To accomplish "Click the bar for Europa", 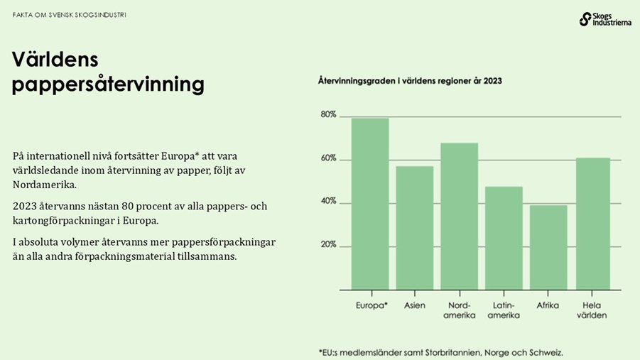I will tap(370, 204).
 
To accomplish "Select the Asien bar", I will tap(415, 228).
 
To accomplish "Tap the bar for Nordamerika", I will tap(459, 217).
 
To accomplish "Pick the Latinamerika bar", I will tap(504, 238).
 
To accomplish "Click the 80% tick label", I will tap(328, 114).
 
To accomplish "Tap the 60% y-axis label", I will tap(328, 158).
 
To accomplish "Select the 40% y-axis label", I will tap(328, 202).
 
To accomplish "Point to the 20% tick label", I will tap(328, 245).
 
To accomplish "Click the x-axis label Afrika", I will tap(548, 305).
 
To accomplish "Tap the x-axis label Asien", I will tap(415, 305).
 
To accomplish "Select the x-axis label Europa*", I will tap(371, 305).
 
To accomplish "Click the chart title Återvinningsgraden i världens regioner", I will tap(410, 81).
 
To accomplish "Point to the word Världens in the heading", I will tap(55, 60).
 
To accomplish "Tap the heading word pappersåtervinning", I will tap(108, 85).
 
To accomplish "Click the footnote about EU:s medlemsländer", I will tap(440, 351).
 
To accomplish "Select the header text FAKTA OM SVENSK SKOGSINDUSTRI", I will tap(70, 15).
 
